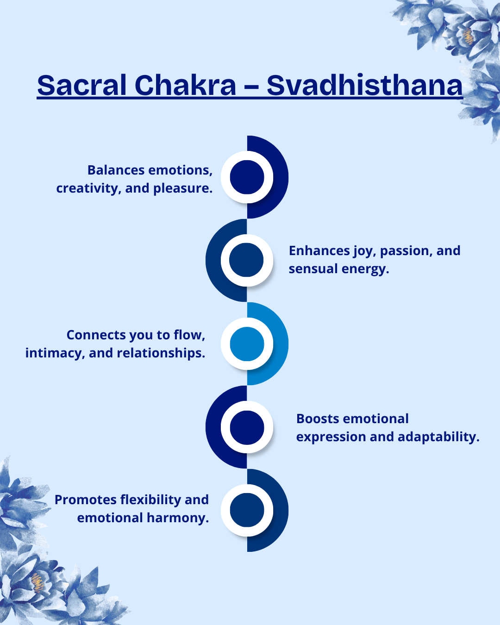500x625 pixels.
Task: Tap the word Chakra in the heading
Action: coord(185,85)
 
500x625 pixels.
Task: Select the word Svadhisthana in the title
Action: coord(365,85)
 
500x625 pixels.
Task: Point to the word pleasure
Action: coord(183,188)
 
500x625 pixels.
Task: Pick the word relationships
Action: coord(161,353)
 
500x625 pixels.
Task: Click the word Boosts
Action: coord(318,419)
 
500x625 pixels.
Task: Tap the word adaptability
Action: coord(438,437)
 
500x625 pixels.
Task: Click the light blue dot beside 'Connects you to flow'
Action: coord(247,344)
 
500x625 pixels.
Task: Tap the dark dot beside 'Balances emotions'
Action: coord(247,177)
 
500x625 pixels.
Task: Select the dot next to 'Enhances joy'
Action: coord(246,260)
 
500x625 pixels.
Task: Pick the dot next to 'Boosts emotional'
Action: coord(247,427)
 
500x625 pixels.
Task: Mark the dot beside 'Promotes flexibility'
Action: coord(247,510)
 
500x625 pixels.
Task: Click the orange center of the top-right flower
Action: coord(468,36)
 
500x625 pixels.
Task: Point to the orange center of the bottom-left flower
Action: coord(37,583)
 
